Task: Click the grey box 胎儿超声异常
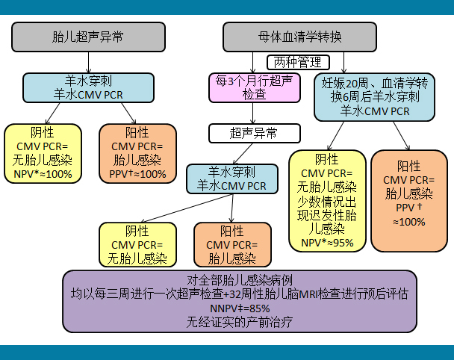pos(88,37)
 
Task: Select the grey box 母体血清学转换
pos(299,37)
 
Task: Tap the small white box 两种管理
pos(298,62)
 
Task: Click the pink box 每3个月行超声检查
pos(255,87)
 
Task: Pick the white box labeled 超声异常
pos(255,133)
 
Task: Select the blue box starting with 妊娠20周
pos(374,97)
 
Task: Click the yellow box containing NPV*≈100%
pos(43,154)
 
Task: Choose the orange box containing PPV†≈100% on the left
pos(137,154)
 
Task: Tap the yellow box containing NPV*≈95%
pos(327,201)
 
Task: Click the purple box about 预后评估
pos(240,301)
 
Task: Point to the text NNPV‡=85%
pos(240,308)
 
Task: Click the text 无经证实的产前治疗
pos(240,322)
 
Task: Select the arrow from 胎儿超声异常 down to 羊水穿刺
pos(88,62)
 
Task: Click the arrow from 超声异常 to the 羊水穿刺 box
pos(243,154)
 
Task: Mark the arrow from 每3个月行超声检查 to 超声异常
pos(253,114)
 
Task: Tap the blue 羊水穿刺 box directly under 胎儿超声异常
pos(88,87)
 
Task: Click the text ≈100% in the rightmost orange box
pos(409,222)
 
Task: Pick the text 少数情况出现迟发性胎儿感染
pos(327,216)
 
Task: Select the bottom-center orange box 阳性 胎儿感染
pos(232,245)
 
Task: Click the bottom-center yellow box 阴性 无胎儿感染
pos(137,245)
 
